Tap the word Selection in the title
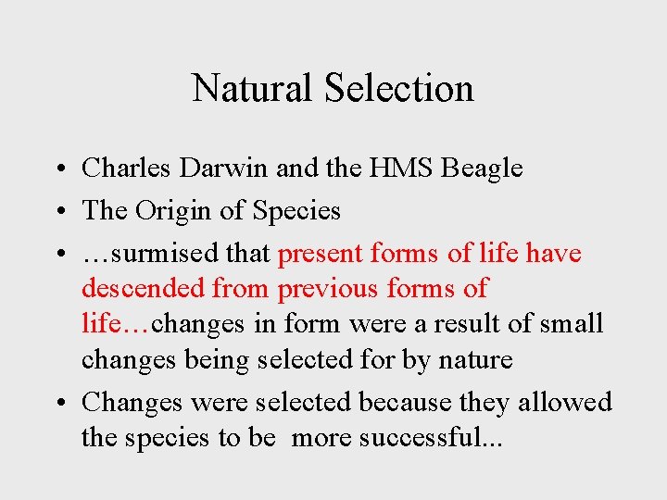coord(399,89)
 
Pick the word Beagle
coord(483,169)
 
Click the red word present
coord(320,254)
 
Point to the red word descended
coord(143,288)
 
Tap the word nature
coord(471,360)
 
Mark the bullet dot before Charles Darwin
coord(57,169)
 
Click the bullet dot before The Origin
coord(57,212)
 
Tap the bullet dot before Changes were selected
coord(57,404)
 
